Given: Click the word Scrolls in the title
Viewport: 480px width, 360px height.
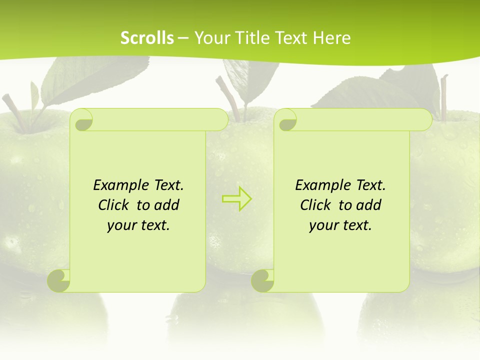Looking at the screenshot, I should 147,38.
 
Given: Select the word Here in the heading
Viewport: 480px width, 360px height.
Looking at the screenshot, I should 331,38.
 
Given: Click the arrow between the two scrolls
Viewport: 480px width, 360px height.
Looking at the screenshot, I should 236,198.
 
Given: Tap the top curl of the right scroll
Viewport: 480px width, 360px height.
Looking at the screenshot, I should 287,120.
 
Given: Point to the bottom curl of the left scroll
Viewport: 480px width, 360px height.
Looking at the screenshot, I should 59,280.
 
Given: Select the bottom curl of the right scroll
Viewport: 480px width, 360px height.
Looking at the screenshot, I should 263,280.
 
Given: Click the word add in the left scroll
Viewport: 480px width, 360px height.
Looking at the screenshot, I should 166,205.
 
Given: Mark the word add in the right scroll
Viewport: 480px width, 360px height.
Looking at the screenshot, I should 368,205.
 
